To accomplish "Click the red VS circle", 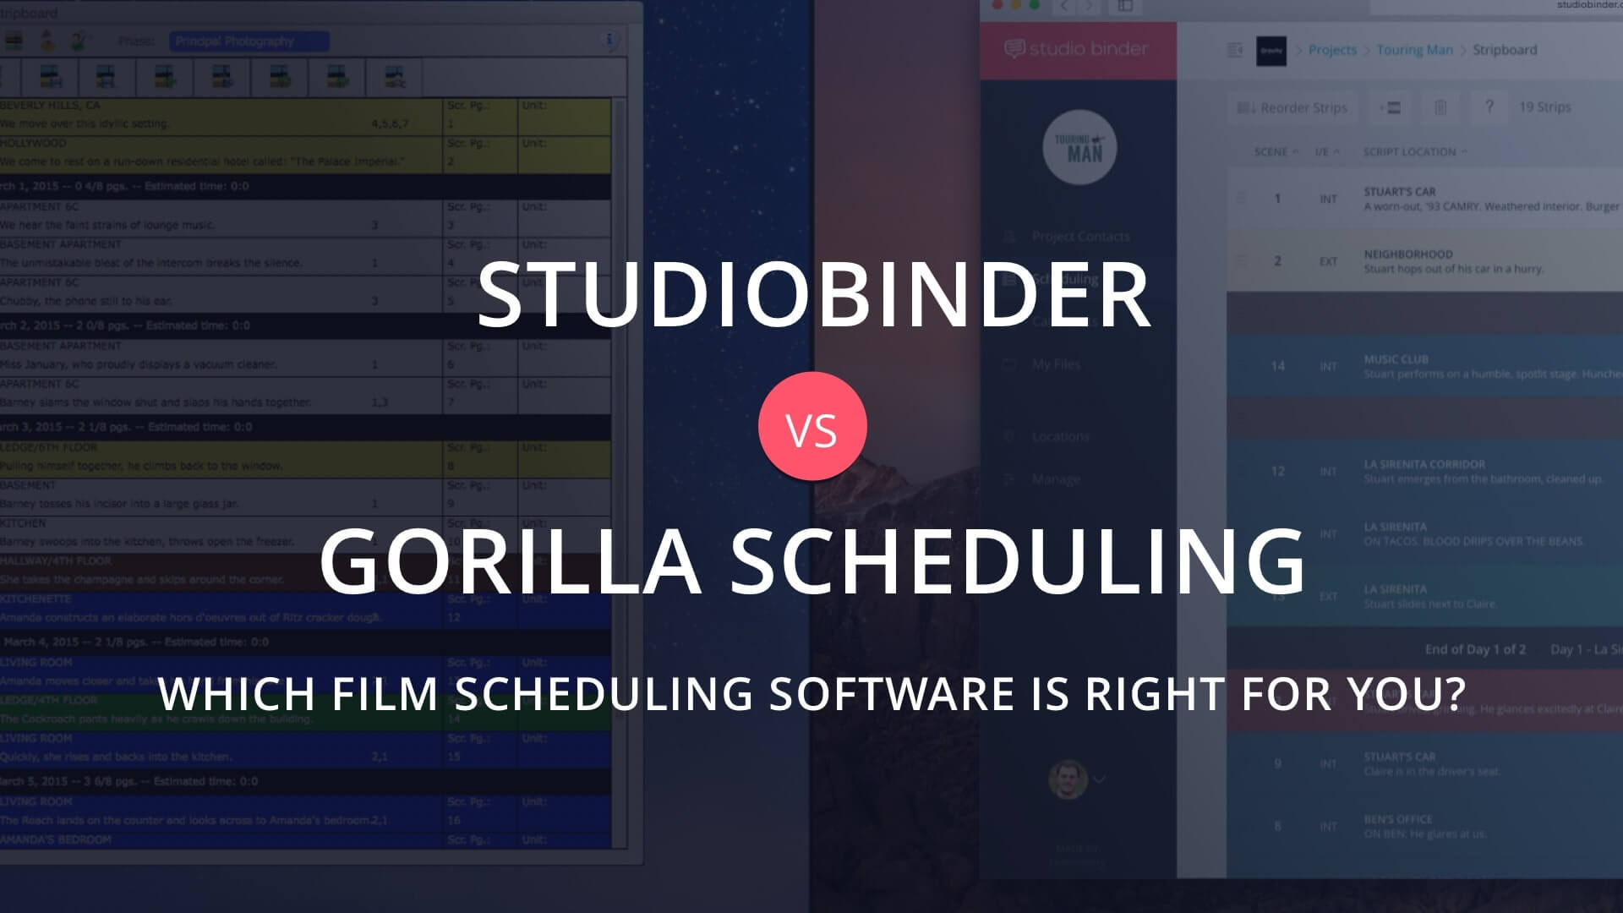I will point(812,426).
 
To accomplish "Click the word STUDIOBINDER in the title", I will point(813,294).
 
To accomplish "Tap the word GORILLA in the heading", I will point(510,560).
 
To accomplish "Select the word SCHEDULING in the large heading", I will point(1018,560).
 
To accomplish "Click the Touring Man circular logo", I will point(1079,148).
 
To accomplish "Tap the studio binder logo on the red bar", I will point(1076,49).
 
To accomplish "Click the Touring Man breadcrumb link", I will point(1414,50).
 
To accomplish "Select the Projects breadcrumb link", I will point(1331,50).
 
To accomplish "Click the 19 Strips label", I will point(1544,107).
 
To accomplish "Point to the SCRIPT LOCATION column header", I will point(1409,152).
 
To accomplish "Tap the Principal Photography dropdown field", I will point(249,41).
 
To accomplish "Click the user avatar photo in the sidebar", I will point(1067,779).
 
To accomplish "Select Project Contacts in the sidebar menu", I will point(1079,237).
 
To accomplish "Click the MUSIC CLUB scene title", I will point(1396,359).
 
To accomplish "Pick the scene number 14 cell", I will point(1277,366).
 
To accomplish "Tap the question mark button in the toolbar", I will point(1489,107).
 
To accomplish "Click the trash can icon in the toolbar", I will point(1440,107).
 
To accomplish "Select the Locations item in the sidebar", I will point(1060,436).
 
